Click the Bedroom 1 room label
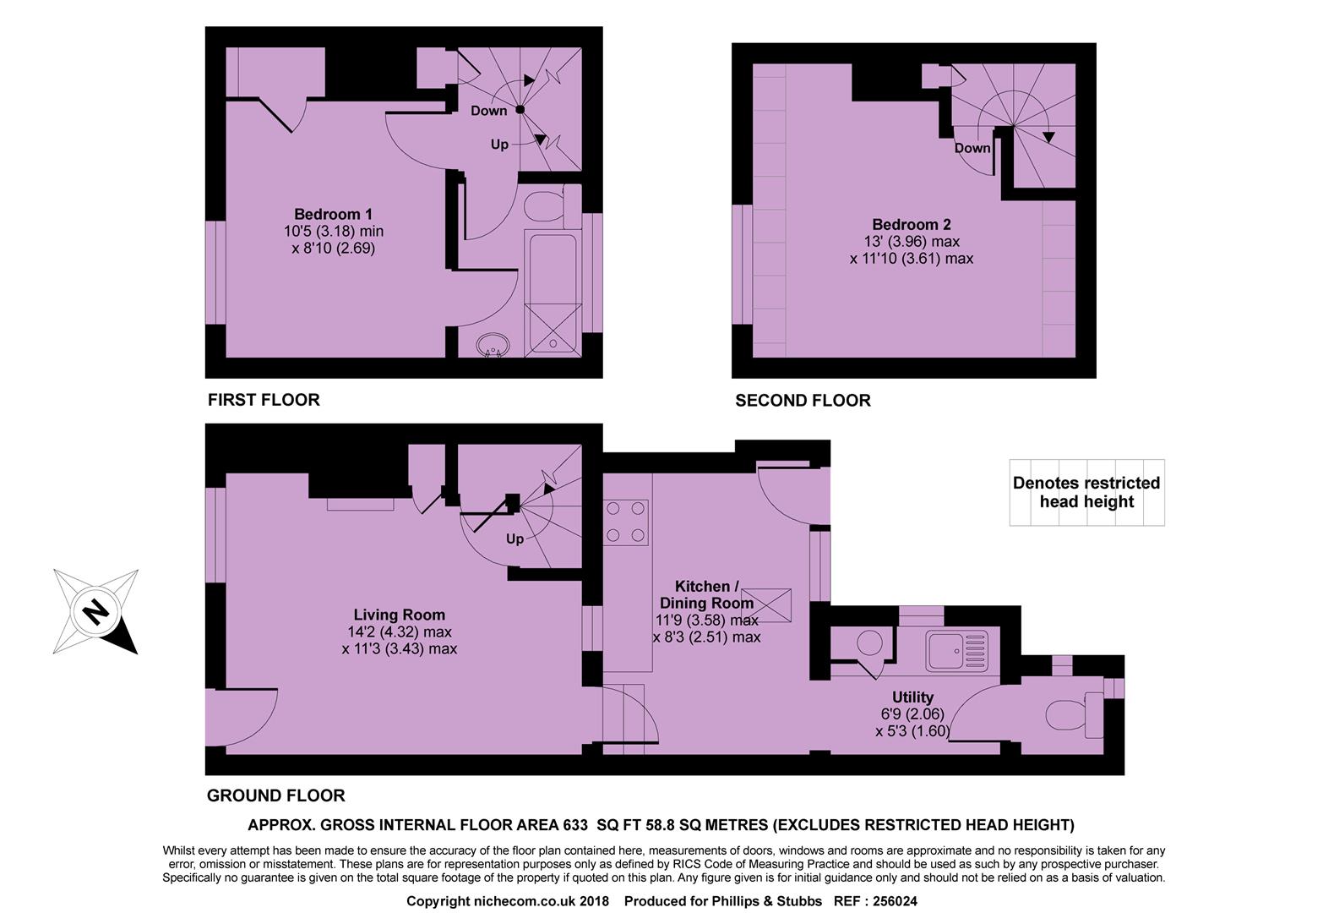(333, 215)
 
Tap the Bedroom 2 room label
(911, 225)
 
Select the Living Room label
(399, 615)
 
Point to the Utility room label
(912, 697)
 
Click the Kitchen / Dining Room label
(706, 595)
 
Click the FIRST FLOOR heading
(264, 400)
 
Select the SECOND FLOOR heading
(803, 401)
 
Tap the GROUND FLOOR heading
(275, 795)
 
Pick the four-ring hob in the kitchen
(626, 522)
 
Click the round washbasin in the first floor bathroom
(493, 345)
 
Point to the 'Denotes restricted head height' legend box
(1086, 493)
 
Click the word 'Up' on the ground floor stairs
(514, 539)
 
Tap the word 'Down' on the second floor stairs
(972, 148)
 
